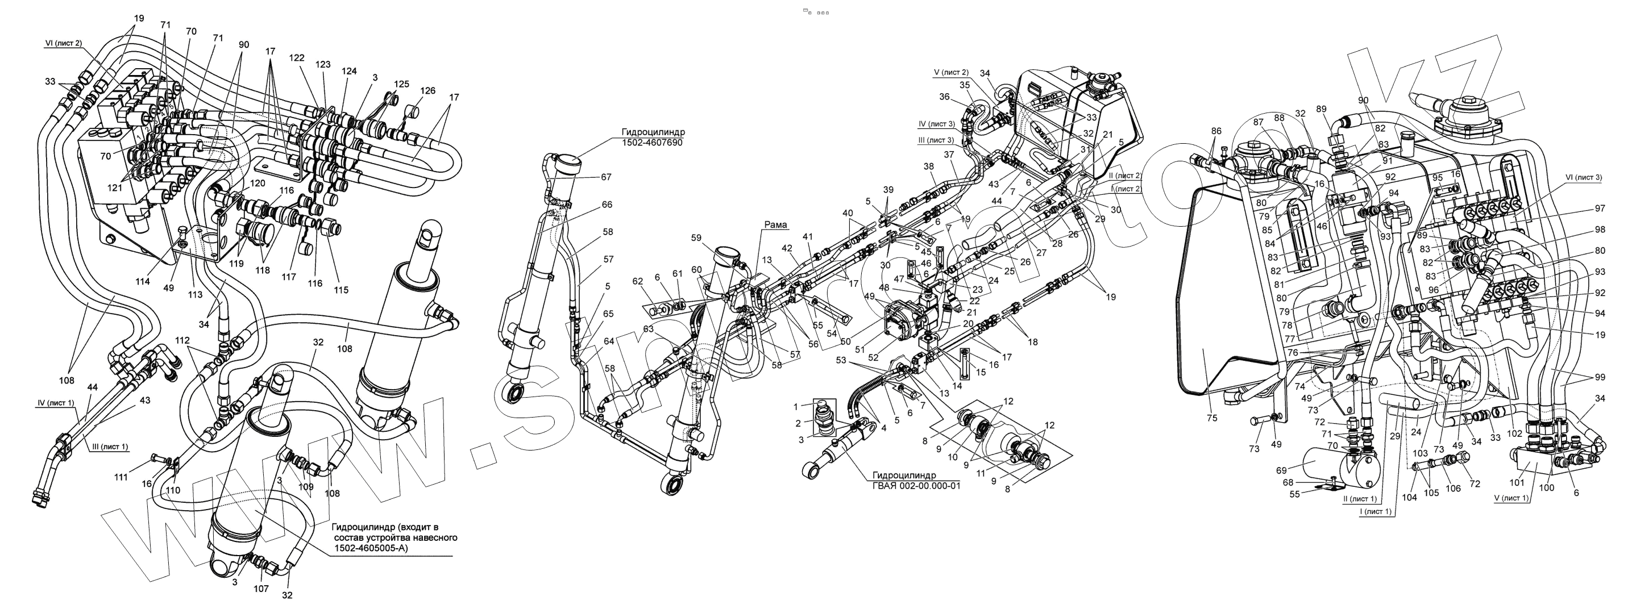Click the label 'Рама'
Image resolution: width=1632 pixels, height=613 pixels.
point(775,225)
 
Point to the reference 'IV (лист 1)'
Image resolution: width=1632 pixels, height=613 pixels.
point(55,403)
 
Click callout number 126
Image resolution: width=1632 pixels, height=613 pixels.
point(427,90)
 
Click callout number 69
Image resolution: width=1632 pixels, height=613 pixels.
point(1281,470)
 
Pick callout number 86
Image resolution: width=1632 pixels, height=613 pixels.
point(1216,131)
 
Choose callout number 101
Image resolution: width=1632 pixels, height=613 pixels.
point(1516,482)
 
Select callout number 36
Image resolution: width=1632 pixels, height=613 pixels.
point(945,97)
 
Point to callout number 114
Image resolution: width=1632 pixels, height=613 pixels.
point(143,281)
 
